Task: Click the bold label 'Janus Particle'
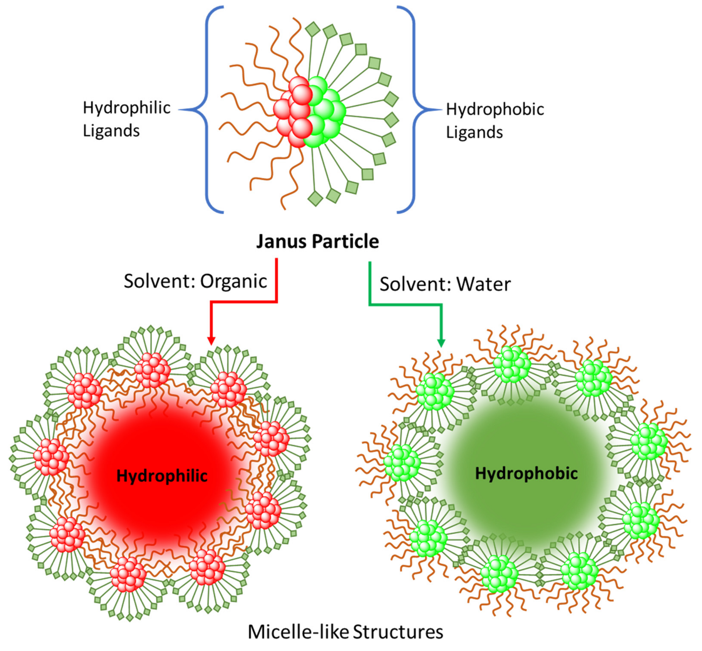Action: [x=317, y=242]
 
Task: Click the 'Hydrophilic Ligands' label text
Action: [x=126, y=119]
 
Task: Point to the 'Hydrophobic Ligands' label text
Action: [x=495, y=121]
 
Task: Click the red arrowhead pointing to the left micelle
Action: [x=211, y=341]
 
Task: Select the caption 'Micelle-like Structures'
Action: [x=345, y=632]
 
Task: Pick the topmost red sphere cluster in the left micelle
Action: [x=153, y=370]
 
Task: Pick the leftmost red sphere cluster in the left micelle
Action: [x=51, y=457]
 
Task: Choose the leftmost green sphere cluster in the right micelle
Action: [x=402, y=463]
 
